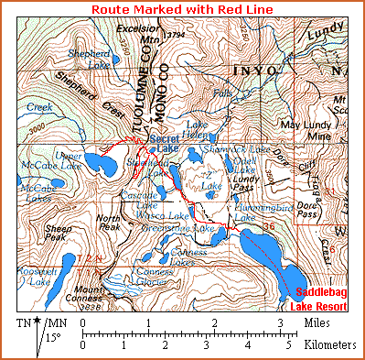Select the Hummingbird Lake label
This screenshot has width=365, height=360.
259,213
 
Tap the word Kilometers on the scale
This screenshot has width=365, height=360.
327,346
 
